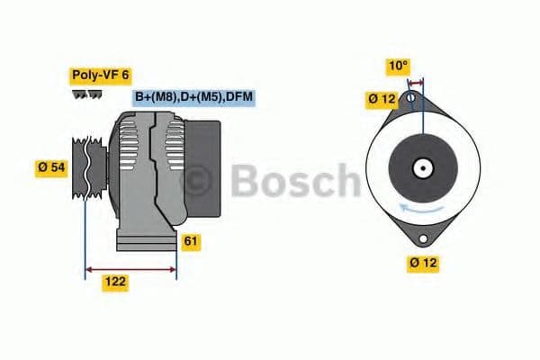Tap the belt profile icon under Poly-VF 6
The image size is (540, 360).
click(x=87, y=94)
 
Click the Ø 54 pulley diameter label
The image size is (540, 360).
click(x=50, y=167)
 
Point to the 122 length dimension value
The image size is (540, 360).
click(x=114, y=283)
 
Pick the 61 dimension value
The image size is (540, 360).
click(x=191, y=241)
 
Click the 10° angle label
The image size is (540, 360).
click(x=398, y=66)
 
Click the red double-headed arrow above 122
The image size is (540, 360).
click(x=130, y=267)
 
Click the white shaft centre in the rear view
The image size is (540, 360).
click(x=420, y=167)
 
